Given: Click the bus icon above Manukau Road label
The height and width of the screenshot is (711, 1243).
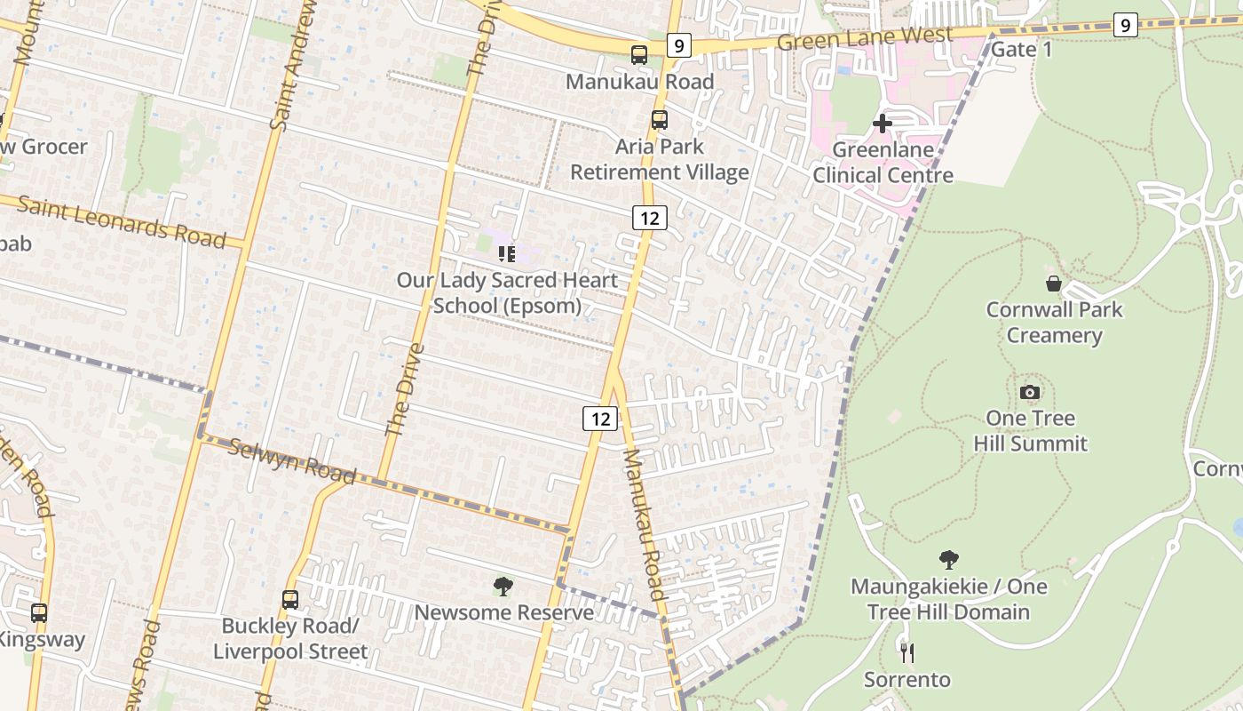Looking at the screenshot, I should click(639, 55).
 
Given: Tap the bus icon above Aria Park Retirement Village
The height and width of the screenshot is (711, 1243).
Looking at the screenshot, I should click(659, 120).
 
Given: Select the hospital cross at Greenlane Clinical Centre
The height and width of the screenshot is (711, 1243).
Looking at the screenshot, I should click(882, 123).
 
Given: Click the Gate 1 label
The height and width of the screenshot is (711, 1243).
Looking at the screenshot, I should click(1021, 49).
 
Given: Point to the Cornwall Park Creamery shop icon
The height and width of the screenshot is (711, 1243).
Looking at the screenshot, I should click(1053, 284).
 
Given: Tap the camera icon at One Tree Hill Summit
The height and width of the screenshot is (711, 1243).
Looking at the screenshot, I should click(1029, 392).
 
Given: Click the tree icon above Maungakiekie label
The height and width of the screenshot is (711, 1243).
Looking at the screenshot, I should click(948, 560).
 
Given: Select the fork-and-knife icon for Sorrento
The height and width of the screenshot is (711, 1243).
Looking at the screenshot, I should click(907, 652).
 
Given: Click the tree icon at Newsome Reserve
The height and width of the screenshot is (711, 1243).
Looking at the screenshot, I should click(503, 587).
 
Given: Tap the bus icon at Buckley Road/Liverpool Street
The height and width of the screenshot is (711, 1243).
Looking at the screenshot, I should click(290, 599).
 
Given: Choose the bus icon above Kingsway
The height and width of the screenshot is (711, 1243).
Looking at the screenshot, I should click(39, 612).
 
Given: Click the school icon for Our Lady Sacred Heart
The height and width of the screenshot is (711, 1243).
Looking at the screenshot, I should click(507, 255).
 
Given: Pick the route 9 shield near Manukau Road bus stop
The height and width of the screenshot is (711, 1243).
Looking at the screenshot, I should click(678, 44).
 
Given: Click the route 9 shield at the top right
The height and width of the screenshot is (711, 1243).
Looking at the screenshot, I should click(1125, 25).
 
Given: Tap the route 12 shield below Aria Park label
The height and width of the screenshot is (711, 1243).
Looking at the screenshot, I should click(650, 217).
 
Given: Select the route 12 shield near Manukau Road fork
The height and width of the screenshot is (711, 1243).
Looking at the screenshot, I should click(600, 418).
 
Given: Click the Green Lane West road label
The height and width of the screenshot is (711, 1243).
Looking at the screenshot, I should click(864, 39).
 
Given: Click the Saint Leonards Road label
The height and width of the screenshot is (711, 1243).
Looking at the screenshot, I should click(122, 222).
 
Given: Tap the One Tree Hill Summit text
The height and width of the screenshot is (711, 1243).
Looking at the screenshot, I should click(1030, 430).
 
